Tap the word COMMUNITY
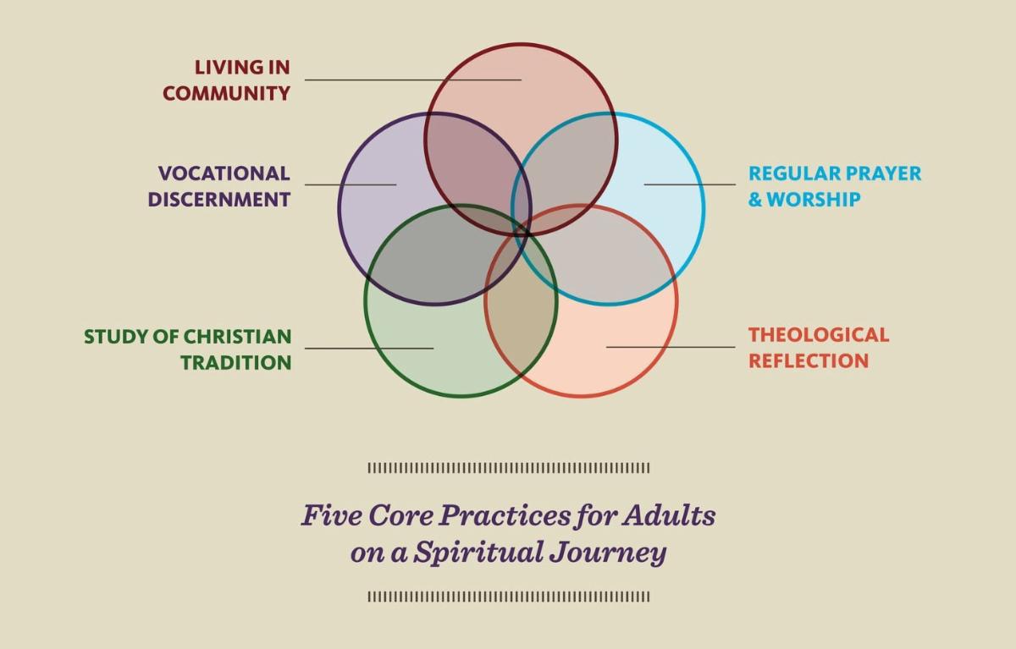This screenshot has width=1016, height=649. [226, 93]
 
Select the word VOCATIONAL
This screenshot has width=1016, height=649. [224, 173]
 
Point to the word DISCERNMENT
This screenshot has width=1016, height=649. [219, 200]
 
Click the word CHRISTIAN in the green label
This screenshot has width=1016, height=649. [238, 337]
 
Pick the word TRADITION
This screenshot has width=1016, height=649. [236, 362]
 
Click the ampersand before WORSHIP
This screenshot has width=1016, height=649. [755, 200]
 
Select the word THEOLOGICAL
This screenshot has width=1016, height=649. [819, 335]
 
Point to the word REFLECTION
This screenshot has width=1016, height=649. [809, 360]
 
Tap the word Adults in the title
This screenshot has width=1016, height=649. [669, 515]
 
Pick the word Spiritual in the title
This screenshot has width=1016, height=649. [478, 552]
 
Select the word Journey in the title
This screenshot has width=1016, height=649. [608, 553]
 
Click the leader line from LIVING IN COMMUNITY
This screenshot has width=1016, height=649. [413, 80]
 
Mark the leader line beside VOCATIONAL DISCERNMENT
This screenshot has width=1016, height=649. [351, 184]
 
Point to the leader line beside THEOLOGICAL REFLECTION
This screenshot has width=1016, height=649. [671, 347]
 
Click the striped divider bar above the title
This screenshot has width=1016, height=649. [509, 468]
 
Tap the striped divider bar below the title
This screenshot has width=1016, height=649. [509, 597]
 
